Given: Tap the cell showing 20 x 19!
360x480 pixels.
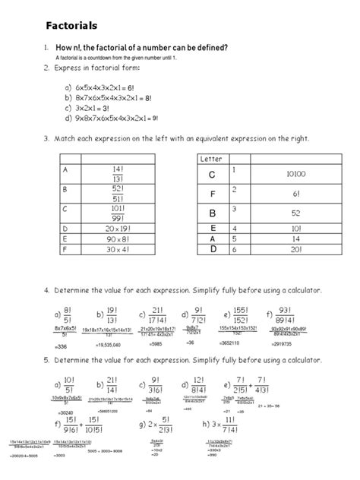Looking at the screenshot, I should tap(120, 227).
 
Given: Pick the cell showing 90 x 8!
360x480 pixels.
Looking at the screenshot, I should tap(120, 237).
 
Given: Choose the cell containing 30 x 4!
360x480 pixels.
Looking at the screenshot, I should tap(120, 248).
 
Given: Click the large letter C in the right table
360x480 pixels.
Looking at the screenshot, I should tap(213, 175).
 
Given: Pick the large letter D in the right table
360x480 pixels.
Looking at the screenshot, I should tap(213, 248).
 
